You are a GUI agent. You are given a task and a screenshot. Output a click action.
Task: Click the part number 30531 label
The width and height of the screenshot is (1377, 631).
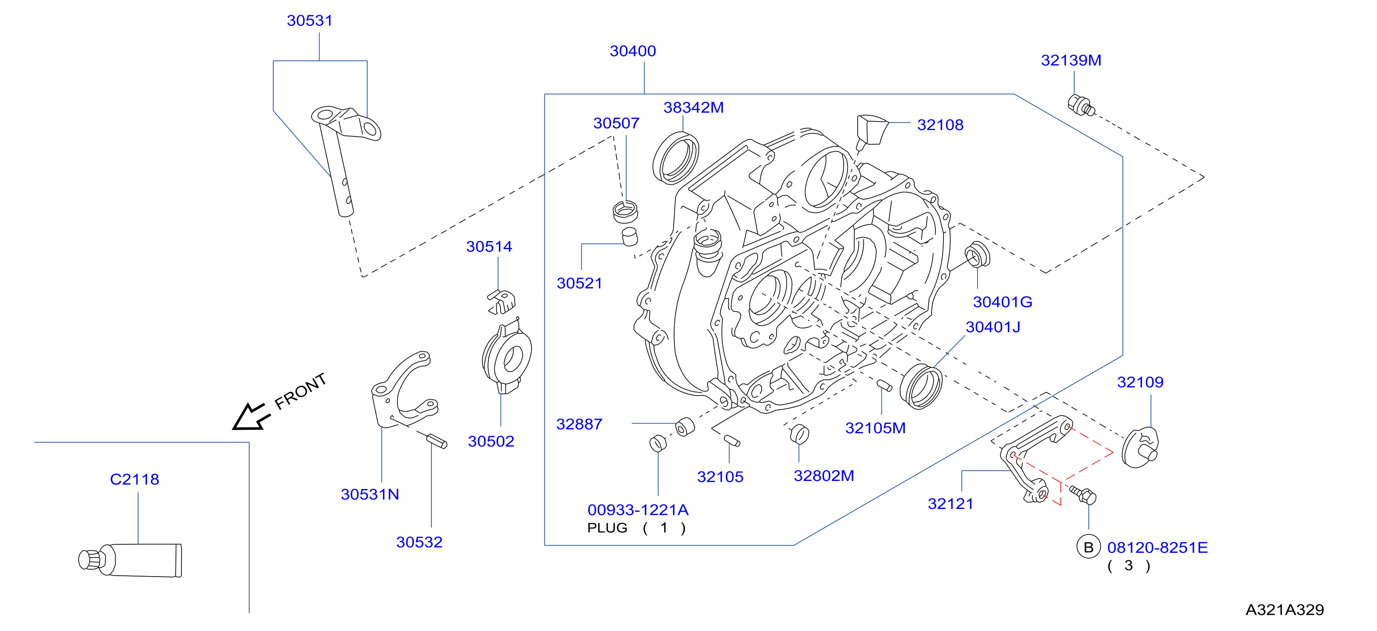pyautogui.click(x=309, y=20)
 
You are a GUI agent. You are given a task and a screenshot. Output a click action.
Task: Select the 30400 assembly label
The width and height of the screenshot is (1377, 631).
pyautogui.click(x=633, y=51)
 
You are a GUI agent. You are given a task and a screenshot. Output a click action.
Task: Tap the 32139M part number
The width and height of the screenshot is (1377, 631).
pyautogui.click(x=1071, y=60)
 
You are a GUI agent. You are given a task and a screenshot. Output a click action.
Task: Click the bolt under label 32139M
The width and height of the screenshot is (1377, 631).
pyautogui.click(x=1081, y=105)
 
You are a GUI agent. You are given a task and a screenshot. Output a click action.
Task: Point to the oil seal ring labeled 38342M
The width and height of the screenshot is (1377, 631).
pyautogui.click(x=676, y=159)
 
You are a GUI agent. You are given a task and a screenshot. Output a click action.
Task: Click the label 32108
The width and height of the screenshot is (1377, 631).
pyautogui.click(x=940, y=125)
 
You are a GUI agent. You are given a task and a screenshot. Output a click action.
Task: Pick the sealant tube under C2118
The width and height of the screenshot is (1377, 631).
pyautogui.click(x=130, y=560)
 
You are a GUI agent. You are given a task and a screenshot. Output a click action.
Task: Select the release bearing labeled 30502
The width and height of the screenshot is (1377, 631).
pyautogui.click(x=506, y=355)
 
